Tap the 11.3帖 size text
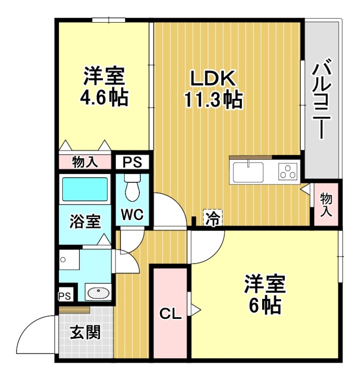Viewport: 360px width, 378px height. pyautogui.click(x=213, y=100)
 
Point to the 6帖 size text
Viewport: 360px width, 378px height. pyautogui.click(x=265, y=306)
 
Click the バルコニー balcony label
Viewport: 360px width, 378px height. pyautogui.click(x=322, y=100)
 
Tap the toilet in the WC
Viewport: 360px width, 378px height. pyautogui.click(x=132, y=186)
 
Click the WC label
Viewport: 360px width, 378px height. pyautogui.click(x=132, y=215)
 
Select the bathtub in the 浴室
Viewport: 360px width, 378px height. pyautogui.click(x=85, y=189)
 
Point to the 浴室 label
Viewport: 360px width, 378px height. pyautogui.click(x=85, y=221)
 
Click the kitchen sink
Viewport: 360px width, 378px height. pyautogui.click(x=248, y=170)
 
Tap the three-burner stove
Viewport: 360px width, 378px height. pyautogui.click(x=287, y=171)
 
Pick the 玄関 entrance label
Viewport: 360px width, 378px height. pyautogui.click(x=86, y=334)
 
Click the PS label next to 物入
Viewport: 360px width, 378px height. pyautogui.click(x=132, y=163)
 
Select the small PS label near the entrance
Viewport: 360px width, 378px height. pyautogui.click(x=65, y=296)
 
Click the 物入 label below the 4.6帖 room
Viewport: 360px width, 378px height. pyautogui.click(x=85, y=163)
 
